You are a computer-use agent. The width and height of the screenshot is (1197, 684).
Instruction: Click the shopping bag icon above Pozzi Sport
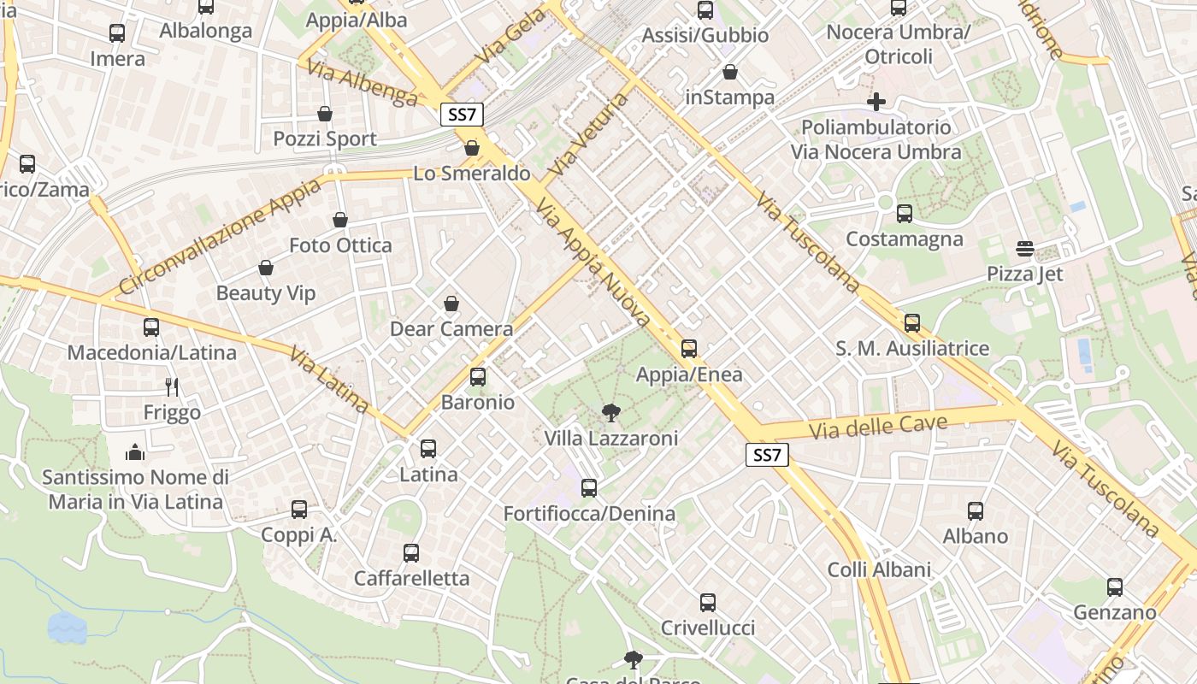click(325, 114)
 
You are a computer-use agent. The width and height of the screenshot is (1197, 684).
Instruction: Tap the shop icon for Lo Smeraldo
click(471, 149)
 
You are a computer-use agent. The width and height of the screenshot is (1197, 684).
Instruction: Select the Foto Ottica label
click(340, 245)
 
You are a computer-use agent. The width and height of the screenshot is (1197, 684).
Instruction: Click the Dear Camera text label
click(451, 329)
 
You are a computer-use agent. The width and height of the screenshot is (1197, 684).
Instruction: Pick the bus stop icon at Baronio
click(478, 377)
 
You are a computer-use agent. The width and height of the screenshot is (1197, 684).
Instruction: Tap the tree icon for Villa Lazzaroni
click(611, 414)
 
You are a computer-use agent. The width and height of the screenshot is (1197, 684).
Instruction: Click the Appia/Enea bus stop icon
click(689, 349)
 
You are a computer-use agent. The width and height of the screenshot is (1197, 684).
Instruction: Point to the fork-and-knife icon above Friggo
click(172, 387)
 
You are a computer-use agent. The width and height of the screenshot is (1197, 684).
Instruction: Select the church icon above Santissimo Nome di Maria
click(135, 451)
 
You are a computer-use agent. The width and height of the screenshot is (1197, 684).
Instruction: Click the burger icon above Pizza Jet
click(1025, 249)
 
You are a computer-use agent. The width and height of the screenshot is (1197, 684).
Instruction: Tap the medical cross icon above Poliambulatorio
click(876, 102)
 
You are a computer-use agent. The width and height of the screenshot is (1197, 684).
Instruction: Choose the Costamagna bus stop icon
click(905, 214)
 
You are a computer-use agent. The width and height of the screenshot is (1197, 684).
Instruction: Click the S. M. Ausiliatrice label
click(912, 349)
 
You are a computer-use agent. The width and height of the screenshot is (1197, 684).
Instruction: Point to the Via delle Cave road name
click(878, 426)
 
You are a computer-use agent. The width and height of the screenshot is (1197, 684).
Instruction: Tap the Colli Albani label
click(879, 570)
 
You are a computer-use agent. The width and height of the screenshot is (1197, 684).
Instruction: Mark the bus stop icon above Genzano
click(1115, 587)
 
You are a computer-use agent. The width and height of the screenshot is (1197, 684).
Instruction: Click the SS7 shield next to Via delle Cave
click(767, 455)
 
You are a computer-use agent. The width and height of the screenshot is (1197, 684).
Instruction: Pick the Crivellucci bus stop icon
click(708, 603)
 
